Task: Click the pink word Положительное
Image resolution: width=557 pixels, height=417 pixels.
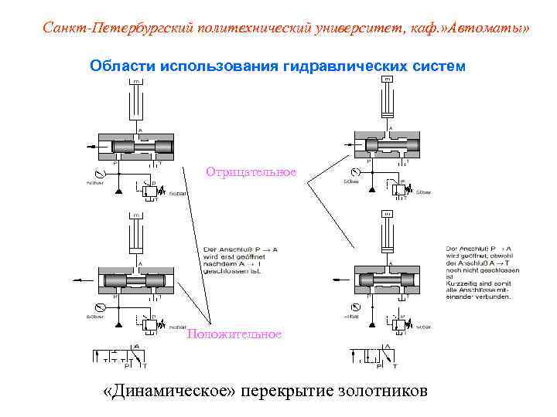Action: (234, 334)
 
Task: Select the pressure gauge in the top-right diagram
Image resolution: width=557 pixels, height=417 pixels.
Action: (354, 171)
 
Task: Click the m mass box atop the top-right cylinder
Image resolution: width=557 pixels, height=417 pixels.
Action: (387, 80)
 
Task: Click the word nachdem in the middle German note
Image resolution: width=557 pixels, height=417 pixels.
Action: (218, 265)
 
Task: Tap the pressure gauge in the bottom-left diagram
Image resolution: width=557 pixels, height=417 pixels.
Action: (96, 307)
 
